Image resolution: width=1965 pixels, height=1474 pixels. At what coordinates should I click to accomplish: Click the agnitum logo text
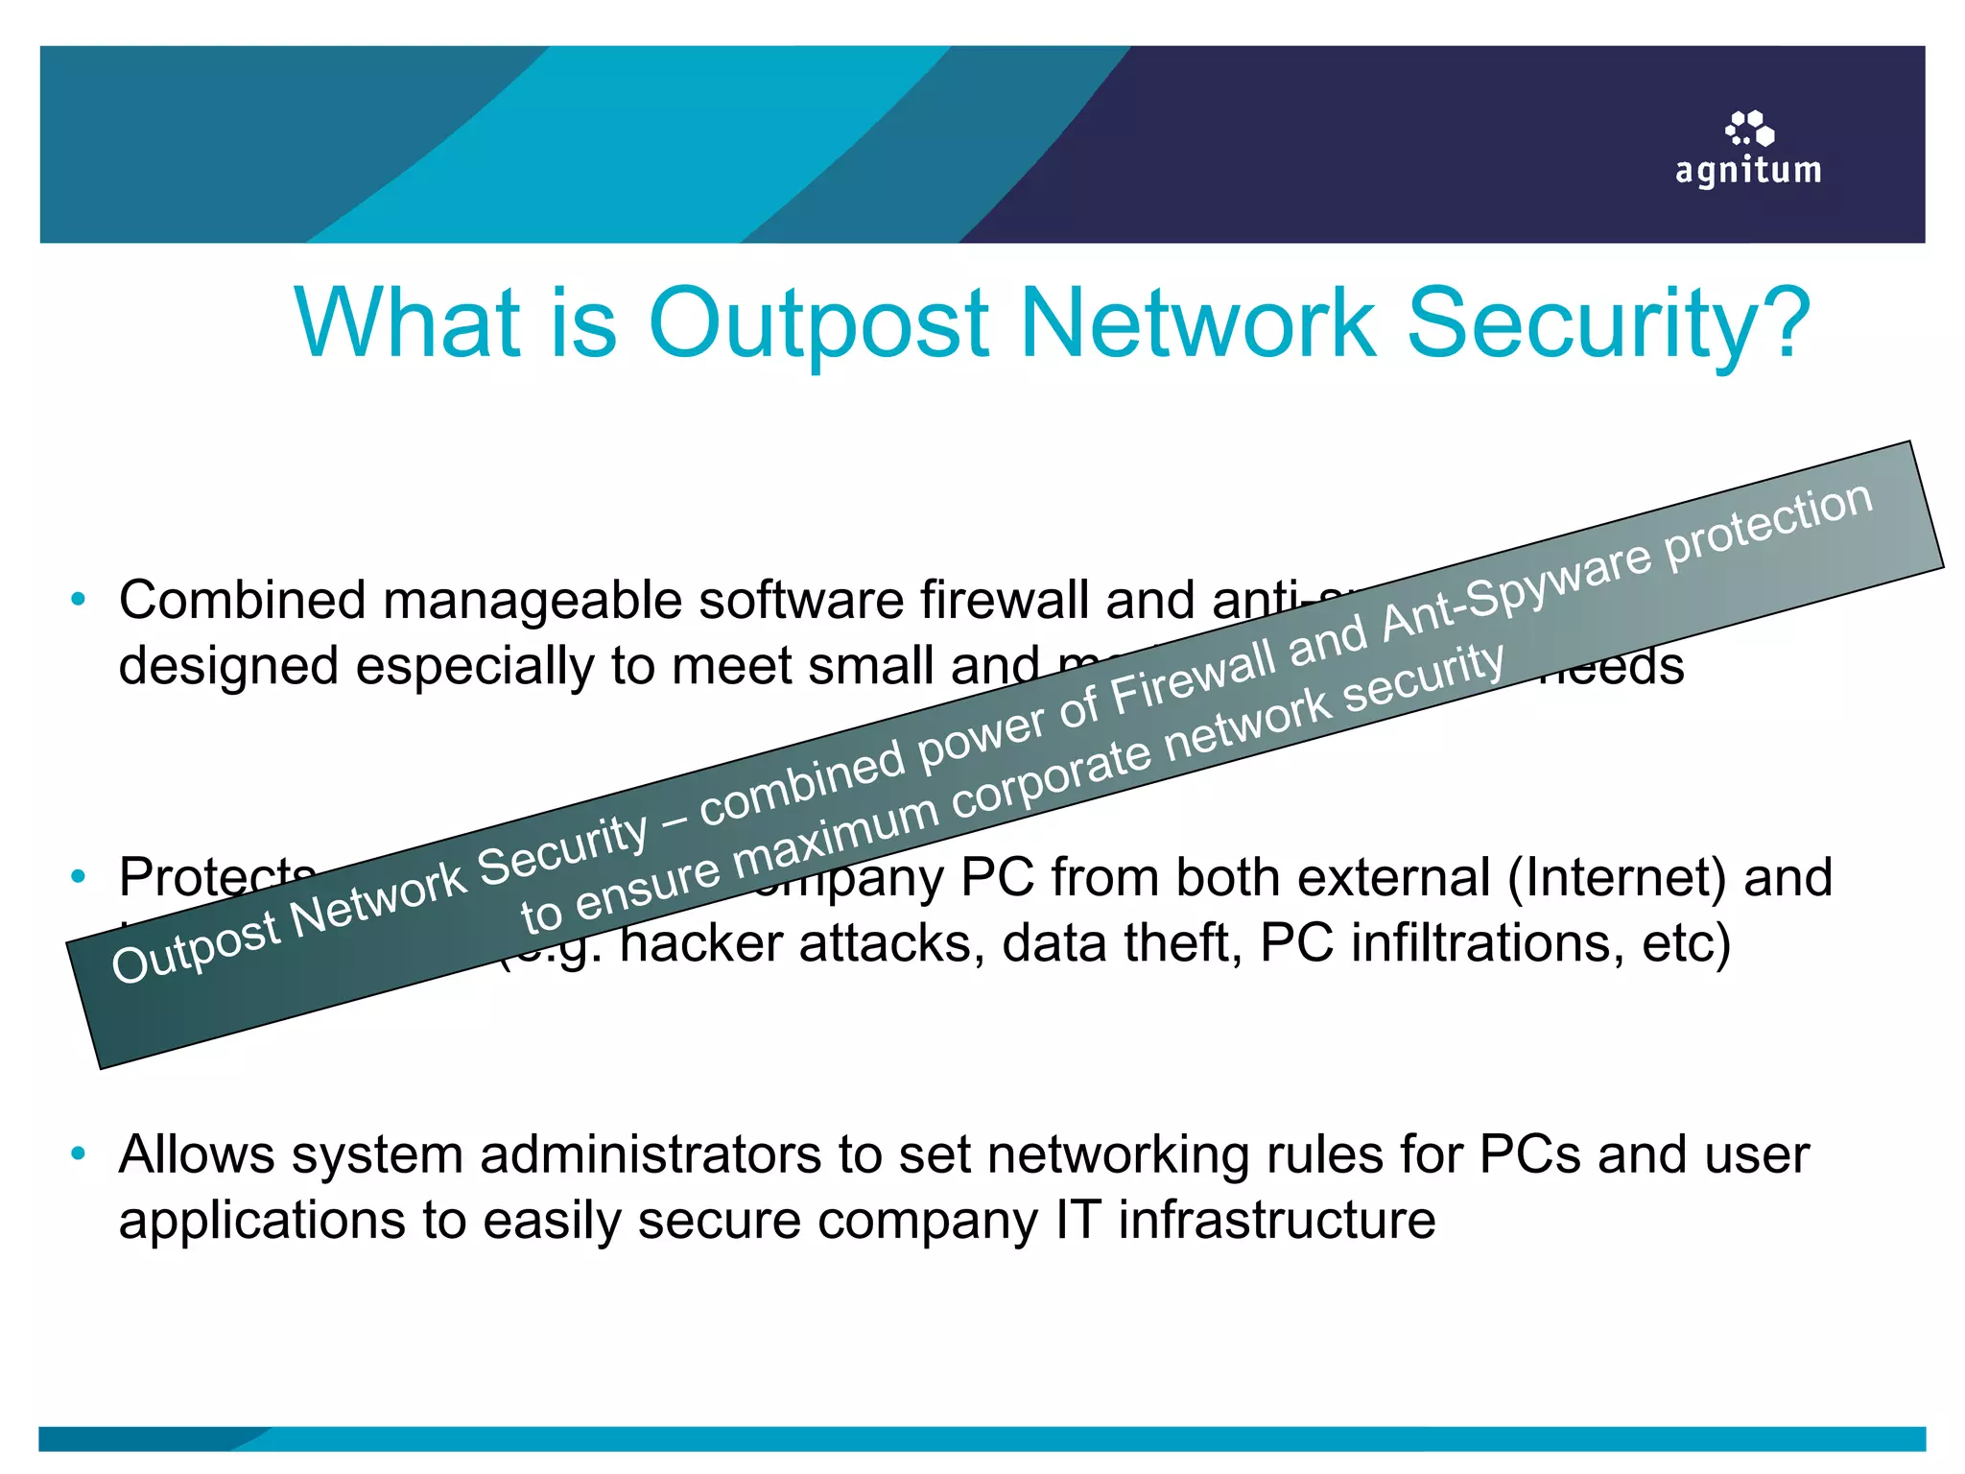click(x=1747, y=171)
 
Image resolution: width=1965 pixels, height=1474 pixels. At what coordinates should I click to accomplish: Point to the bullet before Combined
click(x=79, y=600)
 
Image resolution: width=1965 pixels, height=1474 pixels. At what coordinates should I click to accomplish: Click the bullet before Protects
click(x=79, y=876)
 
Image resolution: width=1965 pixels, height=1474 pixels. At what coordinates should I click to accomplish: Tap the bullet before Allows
click(x=79, y=1153)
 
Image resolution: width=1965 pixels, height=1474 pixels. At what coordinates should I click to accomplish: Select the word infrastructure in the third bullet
click(x=1276, y=1220)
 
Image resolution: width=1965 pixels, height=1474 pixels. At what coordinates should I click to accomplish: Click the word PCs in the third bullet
click(x=1529, y=1153)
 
